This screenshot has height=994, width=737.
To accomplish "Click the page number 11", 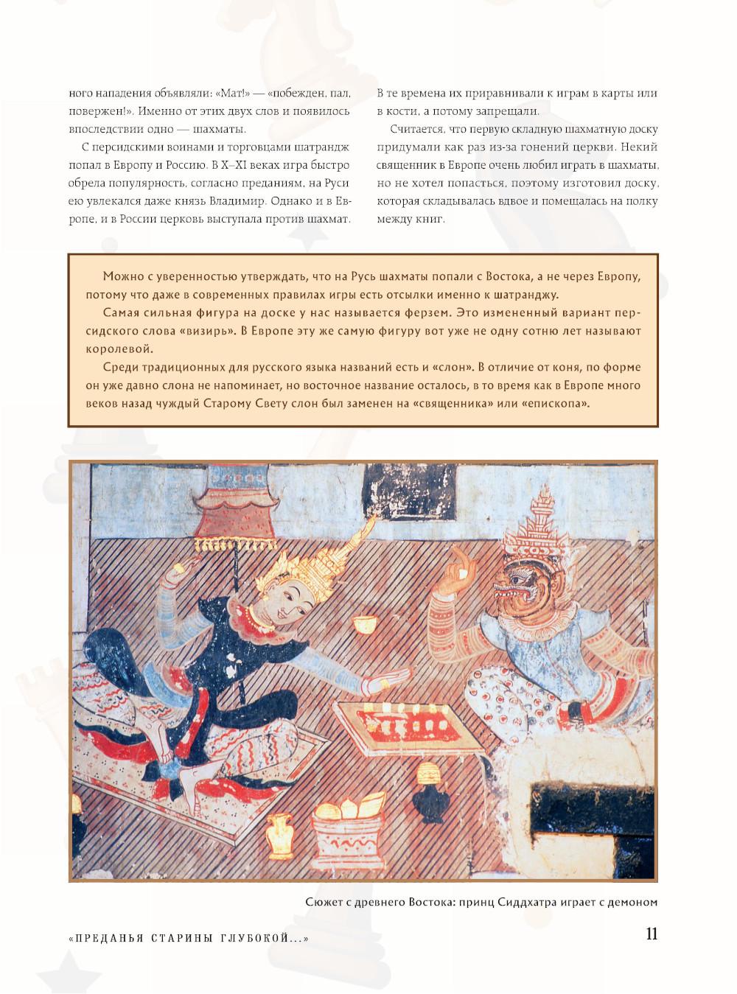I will (x=651, y=934).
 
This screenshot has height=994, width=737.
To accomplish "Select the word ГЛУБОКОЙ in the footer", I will (x=263, y=939).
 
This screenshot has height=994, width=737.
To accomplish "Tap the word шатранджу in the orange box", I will (x=525, y=295).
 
